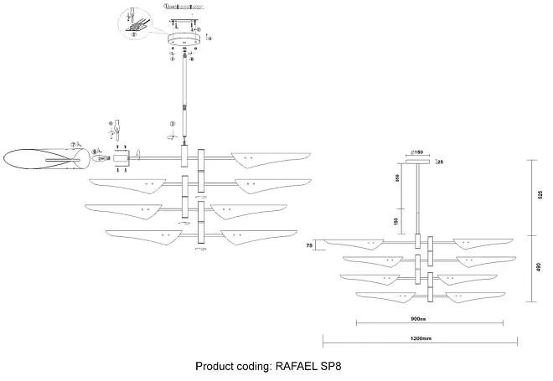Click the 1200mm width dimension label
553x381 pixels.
point(420,338)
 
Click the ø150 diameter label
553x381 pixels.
point(416,152)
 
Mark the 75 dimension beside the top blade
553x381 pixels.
point(309,246)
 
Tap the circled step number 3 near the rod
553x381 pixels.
point(172,123)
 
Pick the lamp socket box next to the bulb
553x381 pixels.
point(121,157)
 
